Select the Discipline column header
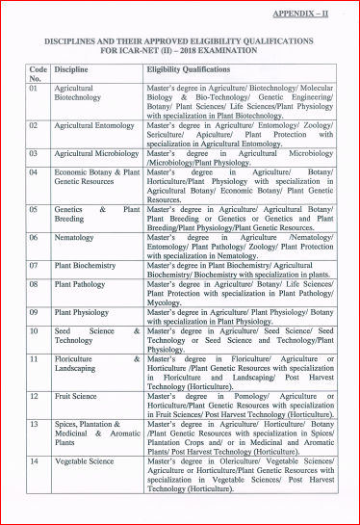(72, 69)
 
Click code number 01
(34, 88)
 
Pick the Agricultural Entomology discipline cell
(94, 125)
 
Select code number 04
(34, 171)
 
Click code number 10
(34, 330)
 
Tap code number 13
(34, 423)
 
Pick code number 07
(34, 264)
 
